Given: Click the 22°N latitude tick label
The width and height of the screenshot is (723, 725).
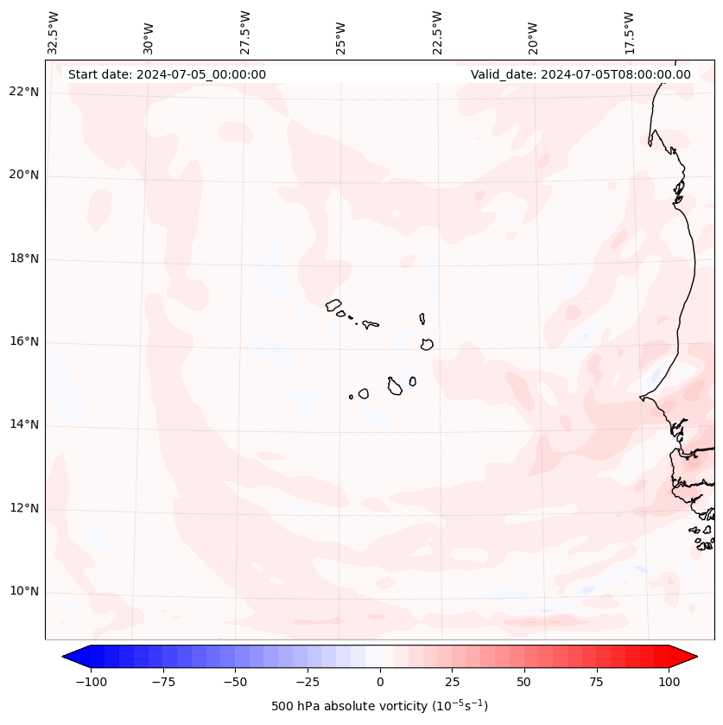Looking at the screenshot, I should pyautogui.click(x=24, y=92).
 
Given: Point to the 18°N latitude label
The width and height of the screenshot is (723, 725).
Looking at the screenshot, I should pyautogui.click(x=24, y=258).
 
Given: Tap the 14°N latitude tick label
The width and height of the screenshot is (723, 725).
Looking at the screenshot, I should pyautogui.click(x=24, y=424).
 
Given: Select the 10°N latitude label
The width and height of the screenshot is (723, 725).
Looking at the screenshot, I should pyautogui.click(x=24, y=591).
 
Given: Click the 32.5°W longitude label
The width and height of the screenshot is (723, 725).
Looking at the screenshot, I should pyautogui.click(x=54, y=33).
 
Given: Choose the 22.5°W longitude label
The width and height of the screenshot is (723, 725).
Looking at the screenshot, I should pyautogui.click(x=437, y=33).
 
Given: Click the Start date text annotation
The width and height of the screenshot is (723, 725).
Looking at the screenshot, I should pyautogui.click(x=167, y=74).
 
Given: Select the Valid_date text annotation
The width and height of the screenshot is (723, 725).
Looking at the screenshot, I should pyautogui.click(x=580, y=74).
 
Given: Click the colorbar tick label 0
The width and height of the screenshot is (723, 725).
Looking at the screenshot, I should pyautogui.click(x=380, y=682).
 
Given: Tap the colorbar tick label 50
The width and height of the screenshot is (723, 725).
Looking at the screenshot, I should pyautogui.click(x=524, y=682).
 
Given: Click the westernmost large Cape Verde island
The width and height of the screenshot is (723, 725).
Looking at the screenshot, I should pyautogui.click(x=334, y=304).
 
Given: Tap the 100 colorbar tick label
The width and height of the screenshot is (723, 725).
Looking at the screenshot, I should pyautogui.click(x=669, y=682).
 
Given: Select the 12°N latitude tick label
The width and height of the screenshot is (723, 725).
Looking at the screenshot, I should pyautogui.click(x=24, y=508).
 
